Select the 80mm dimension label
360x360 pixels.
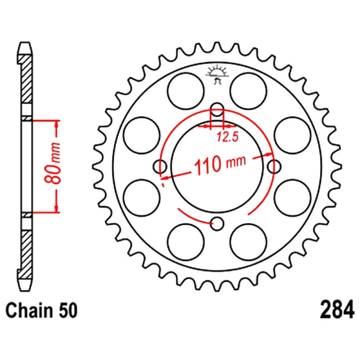[x=53, y=163]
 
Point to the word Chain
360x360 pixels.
[x=29, y=310]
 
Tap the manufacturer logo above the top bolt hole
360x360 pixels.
[x=217, y=74]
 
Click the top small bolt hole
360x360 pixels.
[x=217, y=110]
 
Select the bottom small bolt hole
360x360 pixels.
[x=217, y=224]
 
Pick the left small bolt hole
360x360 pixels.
[x=160, y=166]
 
